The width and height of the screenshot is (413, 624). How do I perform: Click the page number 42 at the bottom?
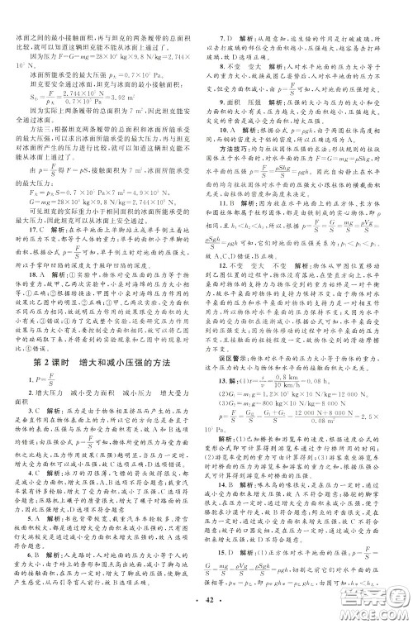(x=206, y=608)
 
